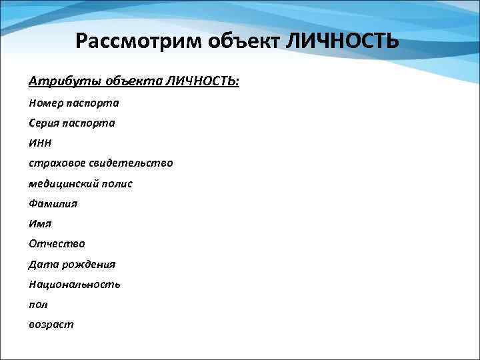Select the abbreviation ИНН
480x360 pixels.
coord(40,143)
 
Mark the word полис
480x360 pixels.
coord(117,183)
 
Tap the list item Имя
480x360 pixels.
coord(40,224)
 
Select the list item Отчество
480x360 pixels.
coord(57,244)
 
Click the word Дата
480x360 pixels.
coord(43,264)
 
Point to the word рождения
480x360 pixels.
coord(89,265)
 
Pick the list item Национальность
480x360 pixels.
coord(74,284)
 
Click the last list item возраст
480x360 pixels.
coord(51,325)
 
